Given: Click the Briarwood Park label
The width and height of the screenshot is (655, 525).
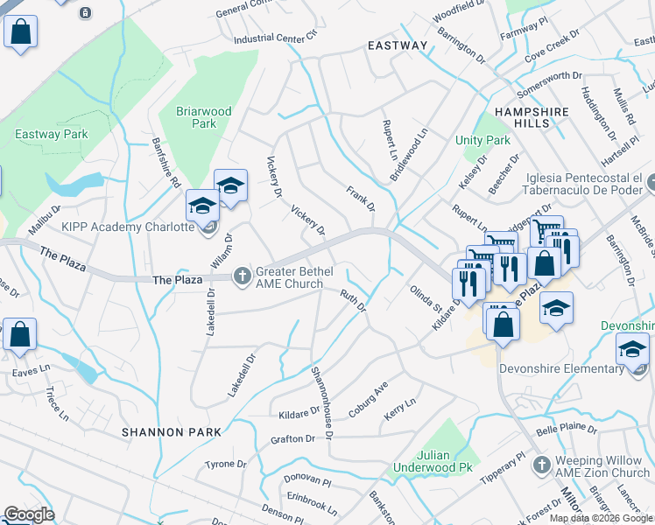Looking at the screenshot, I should (204, 117).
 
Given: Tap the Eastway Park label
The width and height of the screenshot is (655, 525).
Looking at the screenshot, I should (52, 134).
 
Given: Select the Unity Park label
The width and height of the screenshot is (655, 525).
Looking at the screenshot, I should (482, 140).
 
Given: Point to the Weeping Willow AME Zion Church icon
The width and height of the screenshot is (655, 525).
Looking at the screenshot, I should (542, 464).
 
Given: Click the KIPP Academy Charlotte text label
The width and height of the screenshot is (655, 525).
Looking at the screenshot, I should (127, 227).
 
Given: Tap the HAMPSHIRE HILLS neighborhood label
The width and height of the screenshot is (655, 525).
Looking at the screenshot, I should (532, 118).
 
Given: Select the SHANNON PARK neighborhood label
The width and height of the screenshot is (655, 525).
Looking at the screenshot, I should (171, 432).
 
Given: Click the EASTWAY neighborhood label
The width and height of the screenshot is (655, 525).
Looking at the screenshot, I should (398, 45).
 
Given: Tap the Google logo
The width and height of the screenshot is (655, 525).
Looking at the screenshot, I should (29, 514).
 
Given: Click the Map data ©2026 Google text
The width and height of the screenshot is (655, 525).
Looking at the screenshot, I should (601, 518).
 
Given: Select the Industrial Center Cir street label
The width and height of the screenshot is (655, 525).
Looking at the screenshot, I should (274, 38).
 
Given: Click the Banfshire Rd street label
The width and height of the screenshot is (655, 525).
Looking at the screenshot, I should (166, 164).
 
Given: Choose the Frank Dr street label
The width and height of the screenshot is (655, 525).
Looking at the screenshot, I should (360, 198).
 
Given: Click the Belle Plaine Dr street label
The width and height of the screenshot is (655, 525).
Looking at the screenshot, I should (566, 430).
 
